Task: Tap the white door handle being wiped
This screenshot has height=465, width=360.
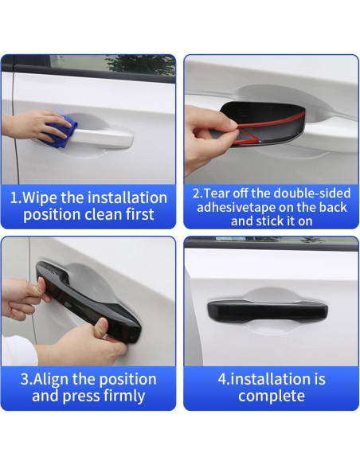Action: coord(101,138)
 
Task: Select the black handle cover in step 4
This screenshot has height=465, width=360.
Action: coord(268,311)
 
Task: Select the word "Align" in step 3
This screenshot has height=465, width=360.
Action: coord(50,379)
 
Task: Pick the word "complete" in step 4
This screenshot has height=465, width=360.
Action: coord(272,397)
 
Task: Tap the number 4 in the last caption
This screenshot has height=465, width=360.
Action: coord(222,379)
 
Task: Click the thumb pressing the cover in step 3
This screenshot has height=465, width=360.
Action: coord(100,326)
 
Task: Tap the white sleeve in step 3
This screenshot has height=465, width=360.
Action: coord(18,351)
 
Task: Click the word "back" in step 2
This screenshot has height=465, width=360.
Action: coord(333,208)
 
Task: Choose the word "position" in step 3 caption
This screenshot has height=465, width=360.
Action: coord(127,380)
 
